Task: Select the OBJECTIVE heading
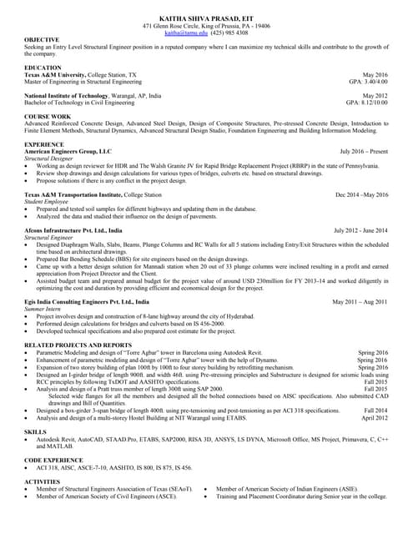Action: [42, 40]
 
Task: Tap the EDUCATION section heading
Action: [43, 67]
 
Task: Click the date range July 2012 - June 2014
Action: [360, 229]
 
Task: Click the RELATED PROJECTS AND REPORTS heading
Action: [78, 345]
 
